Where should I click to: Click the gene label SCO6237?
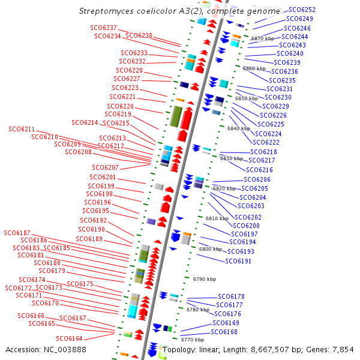pos(103,28)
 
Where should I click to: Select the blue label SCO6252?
pos(302,10)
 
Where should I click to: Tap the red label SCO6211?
pos(22,129)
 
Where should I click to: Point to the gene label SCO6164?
pos(70,339)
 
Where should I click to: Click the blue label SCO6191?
pos(238,261)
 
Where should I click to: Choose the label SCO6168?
pos(224,332)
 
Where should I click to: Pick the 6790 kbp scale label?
pos(204,279)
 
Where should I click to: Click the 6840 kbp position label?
pos(239,128)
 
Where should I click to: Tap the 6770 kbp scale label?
pos(192,340)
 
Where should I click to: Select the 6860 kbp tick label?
pos(254,68)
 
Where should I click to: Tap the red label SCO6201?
pos(103,178)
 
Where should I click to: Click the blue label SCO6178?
pos(231,296)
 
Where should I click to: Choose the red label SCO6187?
pos(17,232)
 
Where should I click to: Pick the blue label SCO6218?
pos(263,152)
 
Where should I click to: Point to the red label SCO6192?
pos(93,220)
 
